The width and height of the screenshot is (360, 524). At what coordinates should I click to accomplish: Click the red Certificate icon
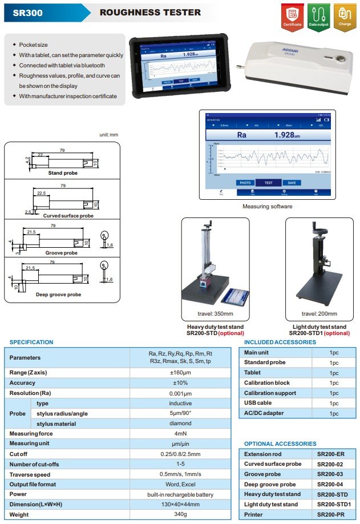click(292, 16)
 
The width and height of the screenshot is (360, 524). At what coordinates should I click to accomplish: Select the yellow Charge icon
click(345, 16)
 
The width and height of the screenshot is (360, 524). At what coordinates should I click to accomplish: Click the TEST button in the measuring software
click(268, 183)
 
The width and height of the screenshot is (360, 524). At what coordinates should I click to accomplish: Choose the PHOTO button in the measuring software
click(245, 183)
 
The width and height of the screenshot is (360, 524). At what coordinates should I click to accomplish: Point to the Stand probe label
click(63, 173)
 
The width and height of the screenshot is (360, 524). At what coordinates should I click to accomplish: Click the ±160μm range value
click(180, 373)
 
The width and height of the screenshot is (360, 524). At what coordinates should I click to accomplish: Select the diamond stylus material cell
click(180, 424)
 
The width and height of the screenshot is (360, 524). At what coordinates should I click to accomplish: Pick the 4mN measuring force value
click(180, 434)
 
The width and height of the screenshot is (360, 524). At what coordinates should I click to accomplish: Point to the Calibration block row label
click(266, 382)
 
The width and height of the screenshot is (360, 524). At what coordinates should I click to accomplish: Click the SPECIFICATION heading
click(31, 342)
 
